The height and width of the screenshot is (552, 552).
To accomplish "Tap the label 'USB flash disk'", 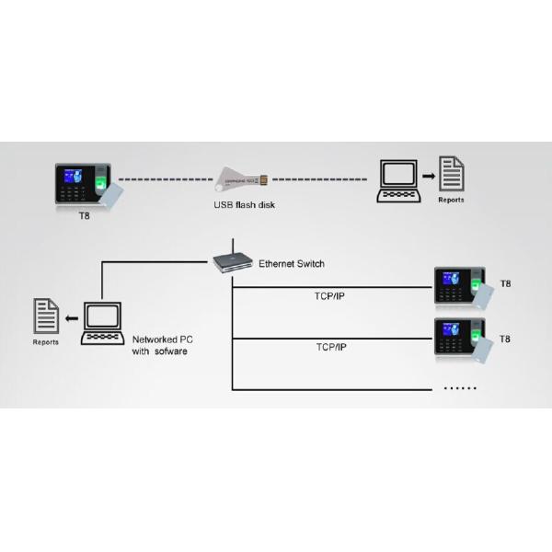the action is [x=238, y=204].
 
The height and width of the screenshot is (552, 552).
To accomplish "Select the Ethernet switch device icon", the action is [x=233, y=261].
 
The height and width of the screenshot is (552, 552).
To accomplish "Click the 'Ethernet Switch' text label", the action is [x=292, y=263].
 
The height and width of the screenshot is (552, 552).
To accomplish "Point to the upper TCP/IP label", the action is [x=330, y=297].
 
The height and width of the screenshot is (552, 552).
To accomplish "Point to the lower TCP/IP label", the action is [x=330, y=347].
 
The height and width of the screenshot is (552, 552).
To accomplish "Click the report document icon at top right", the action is [x=451, y=174].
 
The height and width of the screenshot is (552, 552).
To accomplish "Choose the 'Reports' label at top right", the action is [x=451, y=200].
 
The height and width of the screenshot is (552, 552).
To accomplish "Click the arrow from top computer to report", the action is [x=429, y=175].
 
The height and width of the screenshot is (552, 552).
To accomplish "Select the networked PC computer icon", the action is [x=102, y=324].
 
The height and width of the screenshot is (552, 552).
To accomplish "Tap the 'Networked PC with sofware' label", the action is [x=163, y=345].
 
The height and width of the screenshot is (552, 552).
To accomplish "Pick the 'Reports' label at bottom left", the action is [x=46, y=342].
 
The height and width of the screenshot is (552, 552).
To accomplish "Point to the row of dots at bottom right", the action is [x=460, y=388].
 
